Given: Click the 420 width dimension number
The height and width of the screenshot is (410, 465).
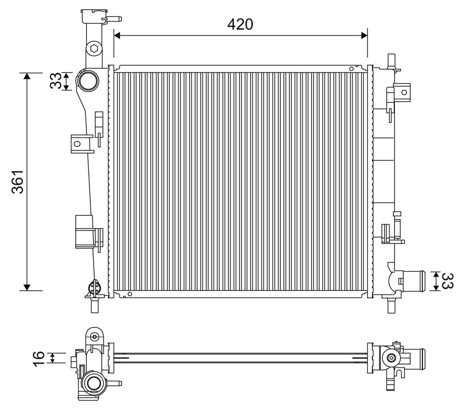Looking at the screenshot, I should click(240, 24).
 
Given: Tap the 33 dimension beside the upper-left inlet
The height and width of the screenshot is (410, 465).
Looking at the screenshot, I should click(56, 81).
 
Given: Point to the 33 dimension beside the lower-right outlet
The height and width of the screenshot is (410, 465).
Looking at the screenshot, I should click(448, 281).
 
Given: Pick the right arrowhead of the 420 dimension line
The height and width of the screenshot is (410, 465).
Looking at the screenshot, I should click(363, 36).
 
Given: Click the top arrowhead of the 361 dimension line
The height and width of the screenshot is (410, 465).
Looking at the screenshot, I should click(27, 76).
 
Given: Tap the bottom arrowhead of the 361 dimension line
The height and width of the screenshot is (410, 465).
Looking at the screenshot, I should click(27, 287).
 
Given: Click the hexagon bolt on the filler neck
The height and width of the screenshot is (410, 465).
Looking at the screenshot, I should click(94, 49).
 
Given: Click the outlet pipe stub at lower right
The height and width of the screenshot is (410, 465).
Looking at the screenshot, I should click(413, 281).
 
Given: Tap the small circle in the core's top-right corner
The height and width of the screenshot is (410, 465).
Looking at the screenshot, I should click(351, 69).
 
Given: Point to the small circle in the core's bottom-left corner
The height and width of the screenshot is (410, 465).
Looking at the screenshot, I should click(129, 294).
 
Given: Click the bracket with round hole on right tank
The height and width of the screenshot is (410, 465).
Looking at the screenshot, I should click(403, 92).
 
